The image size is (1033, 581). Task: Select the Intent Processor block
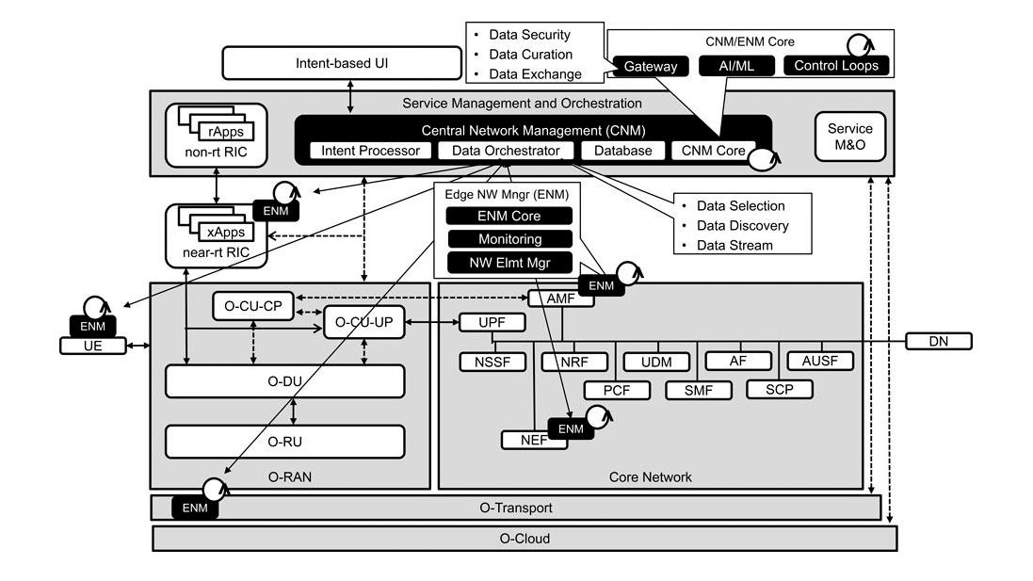[370, 151]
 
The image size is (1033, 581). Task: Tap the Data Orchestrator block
[506, 151]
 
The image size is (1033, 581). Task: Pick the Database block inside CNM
[617, 151]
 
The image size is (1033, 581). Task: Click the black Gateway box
[650, 66]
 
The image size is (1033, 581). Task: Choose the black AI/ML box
[734, 66]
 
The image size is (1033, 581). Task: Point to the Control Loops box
[835, 66]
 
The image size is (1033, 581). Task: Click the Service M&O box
[849, 136]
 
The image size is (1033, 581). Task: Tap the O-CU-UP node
[363, 323]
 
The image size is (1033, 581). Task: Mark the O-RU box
[284, 441]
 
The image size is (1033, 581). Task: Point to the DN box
[938, 341]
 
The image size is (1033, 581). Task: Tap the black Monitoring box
[508, 239]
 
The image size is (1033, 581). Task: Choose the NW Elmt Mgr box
[508, 262]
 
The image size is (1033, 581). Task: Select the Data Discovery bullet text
[742, 226]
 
